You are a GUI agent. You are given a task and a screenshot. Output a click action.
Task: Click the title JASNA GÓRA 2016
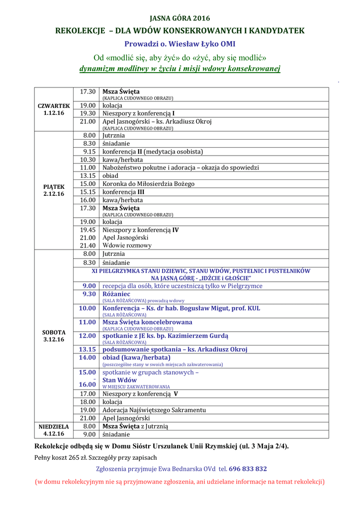(180, 18)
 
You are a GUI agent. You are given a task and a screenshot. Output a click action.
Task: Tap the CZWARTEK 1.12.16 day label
(54, 109)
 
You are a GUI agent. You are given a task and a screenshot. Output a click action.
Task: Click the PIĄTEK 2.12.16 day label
(54, 190)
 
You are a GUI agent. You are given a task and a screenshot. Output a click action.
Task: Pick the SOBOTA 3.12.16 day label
(54, 336)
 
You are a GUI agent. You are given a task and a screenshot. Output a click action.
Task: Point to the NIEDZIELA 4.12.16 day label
(54, 430)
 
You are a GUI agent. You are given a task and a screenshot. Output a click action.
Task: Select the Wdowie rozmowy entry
(127, 246)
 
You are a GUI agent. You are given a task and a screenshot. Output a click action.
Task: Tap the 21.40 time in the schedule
(88, 246)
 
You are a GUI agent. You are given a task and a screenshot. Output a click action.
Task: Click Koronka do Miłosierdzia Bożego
(148, 184)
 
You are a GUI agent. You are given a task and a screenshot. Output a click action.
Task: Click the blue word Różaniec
(116, 294)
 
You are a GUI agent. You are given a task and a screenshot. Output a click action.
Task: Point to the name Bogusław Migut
(203, 308)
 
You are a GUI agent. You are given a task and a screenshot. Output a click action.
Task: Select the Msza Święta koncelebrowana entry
(147, 322)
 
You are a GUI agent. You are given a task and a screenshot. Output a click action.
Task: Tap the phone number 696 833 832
(248, 469)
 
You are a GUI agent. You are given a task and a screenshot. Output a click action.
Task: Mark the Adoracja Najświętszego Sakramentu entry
(154, 410)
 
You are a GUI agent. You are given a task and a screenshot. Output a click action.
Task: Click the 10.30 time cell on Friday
(88, 160)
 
